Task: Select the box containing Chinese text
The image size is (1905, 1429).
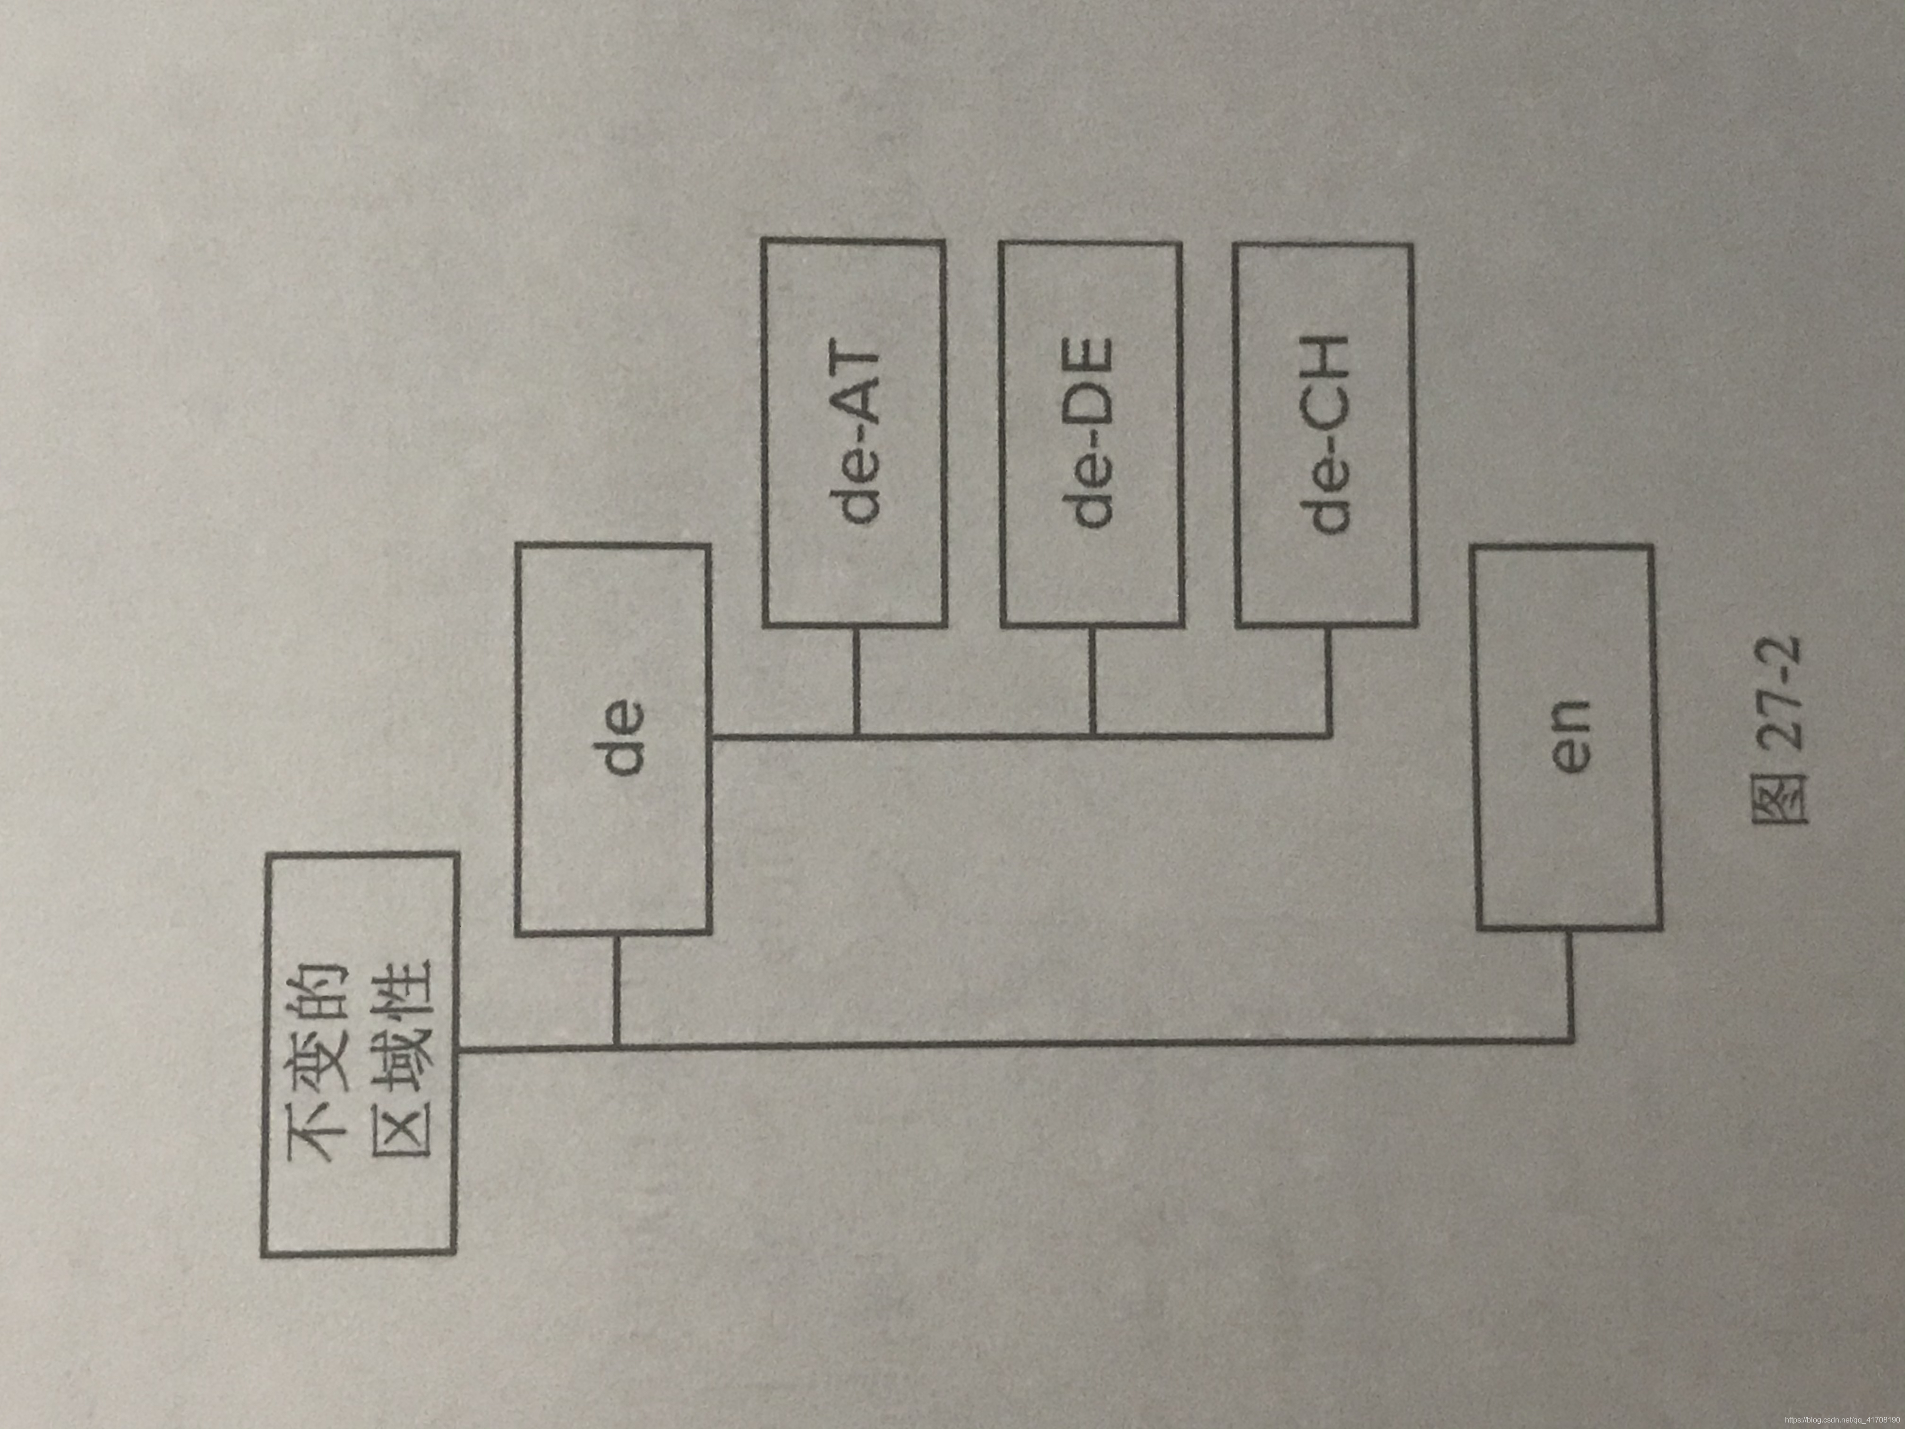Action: click(358, 1052)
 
